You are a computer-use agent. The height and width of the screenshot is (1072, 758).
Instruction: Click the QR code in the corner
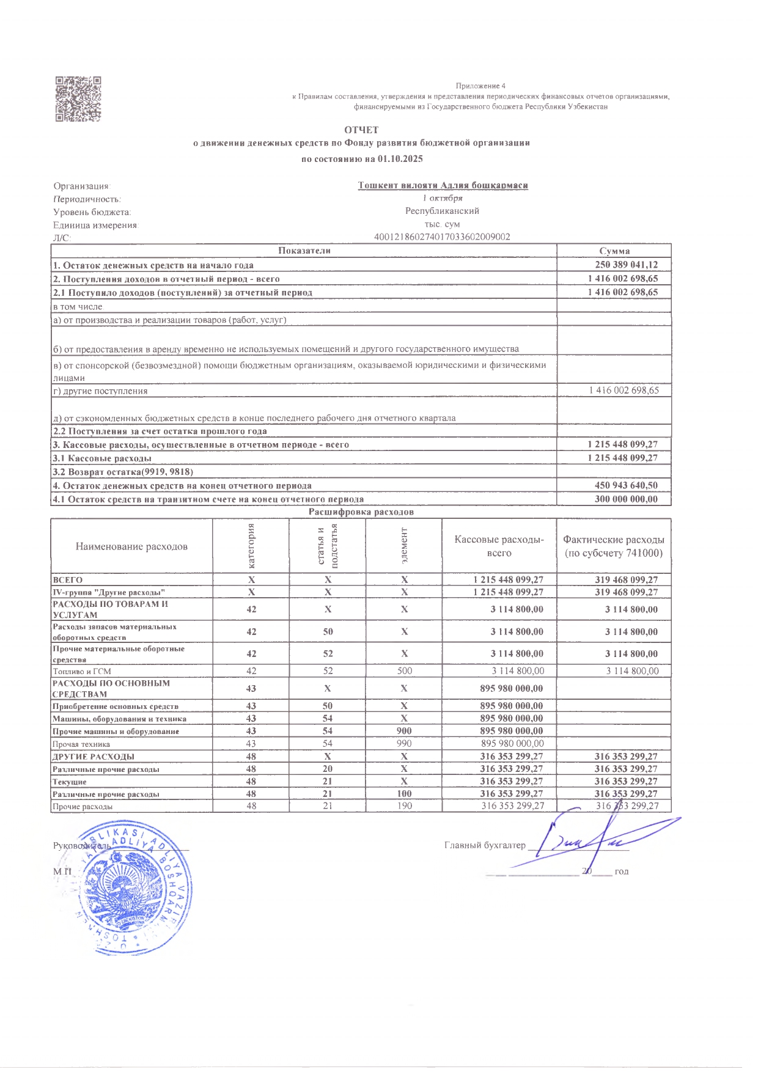tap(78, 99)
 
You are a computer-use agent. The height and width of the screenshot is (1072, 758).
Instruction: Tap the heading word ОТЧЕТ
tap(361, 130)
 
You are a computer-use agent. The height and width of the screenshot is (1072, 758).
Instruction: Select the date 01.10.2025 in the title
tap(400, 159)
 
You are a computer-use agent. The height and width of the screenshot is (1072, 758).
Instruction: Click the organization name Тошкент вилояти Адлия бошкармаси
tap(443, 185)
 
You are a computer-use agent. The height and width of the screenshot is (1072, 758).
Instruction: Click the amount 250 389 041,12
tap(626, 265)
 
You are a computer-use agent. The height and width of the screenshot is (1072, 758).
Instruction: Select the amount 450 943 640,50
tap(626, 485)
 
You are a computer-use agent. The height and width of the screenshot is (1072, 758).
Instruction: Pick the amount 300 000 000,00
tap(626, 499)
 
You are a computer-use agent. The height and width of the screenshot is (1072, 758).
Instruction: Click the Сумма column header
tap(614, 251)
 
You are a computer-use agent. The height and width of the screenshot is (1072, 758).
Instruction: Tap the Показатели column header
tap(304, 251)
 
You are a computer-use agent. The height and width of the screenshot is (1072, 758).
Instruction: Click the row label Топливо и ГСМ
tap(82, 671)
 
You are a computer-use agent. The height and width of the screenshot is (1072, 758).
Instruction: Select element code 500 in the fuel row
tap(404, 670)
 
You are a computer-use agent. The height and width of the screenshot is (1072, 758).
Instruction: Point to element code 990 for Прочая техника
tap(404, 744)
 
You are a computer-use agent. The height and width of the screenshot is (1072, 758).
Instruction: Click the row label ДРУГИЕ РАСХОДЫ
tap(93, 757)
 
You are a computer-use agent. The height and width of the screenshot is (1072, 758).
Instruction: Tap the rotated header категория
tap(251, 546)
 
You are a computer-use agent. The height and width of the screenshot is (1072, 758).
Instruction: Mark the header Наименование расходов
tap(131, 546)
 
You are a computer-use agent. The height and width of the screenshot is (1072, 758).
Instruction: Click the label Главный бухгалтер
tap(484, 845)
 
